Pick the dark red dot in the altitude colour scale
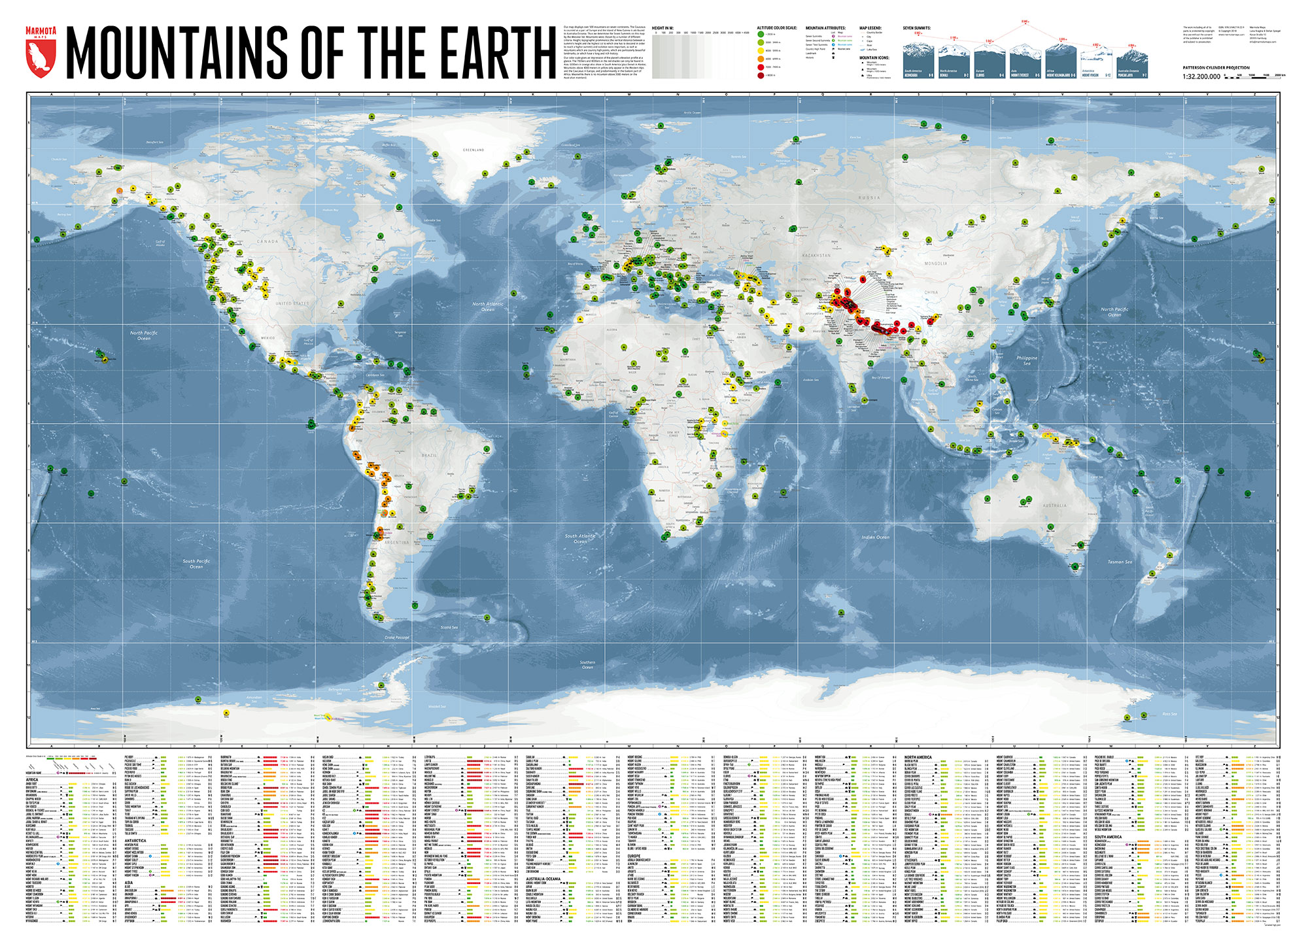[x=761, y=75]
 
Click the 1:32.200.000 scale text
[x=1201, y=76]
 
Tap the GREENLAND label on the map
[x=473, y=150]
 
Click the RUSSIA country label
[x=869, y=197]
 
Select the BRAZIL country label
[x=429, y=455]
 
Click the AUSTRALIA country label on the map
[x=1054, y=505]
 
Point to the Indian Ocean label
[x=875, y=537]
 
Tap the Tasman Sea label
[x=1120, y=562]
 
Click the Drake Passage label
[x=397, y=637]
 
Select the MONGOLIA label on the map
[x=936, y=263]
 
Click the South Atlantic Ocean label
[x=580, y=539]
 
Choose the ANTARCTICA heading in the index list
[x=135, y=840]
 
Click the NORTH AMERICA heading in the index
[x=918, y=757]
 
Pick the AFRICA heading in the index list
[x=32, y=780]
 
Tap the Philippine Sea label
[x=1027, y=360]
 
